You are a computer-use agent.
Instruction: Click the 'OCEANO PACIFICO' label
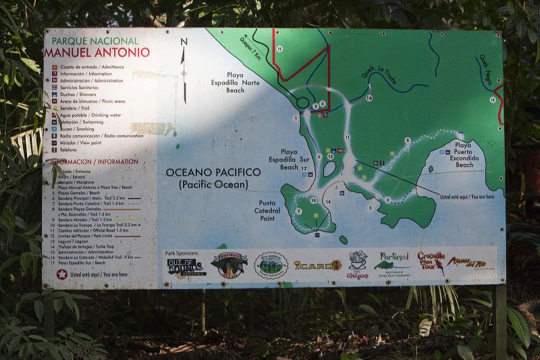[213, 173]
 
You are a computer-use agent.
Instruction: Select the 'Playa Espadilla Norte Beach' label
[244, 82]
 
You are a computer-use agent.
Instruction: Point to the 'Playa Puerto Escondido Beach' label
[464, 155]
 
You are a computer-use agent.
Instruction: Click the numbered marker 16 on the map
[369, 98]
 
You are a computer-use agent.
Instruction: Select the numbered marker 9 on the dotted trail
[408, 140]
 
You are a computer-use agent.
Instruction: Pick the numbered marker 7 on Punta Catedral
[298, 211]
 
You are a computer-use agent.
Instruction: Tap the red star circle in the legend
[62, 274]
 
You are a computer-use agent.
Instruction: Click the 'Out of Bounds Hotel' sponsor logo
[185, 266]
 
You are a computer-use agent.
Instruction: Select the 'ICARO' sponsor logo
[318, 265]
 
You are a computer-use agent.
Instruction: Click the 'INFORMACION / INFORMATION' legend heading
[94, 162]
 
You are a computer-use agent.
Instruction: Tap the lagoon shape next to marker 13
[331, 167]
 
